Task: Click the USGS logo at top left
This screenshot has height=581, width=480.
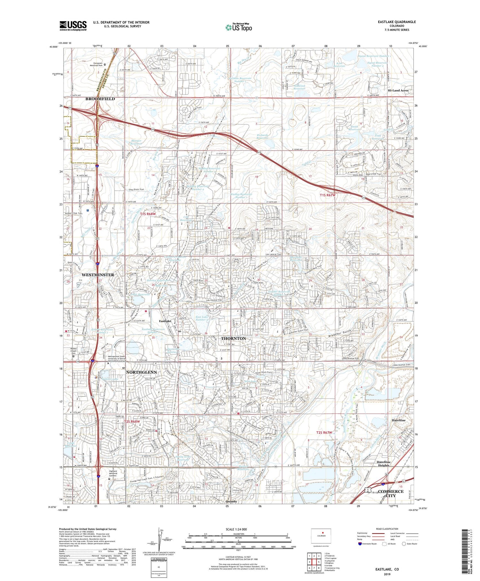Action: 73,26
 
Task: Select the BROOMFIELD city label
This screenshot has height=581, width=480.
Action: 100,99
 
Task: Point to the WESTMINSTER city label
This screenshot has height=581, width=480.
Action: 98,275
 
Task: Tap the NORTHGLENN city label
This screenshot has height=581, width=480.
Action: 141,372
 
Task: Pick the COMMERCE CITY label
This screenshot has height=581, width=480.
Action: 390,493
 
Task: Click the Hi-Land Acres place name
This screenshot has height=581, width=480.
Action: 398,90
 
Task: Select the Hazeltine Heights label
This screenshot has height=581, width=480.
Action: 383,463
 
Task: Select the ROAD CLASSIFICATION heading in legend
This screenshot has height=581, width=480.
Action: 387,529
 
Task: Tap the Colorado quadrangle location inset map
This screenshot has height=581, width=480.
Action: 321,536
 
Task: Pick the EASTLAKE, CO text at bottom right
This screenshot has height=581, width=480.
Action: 387,569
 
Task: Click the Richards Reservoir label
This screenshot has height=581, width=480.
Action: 262,137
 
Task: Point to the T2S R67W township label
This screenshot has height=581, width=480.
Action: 324,432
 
